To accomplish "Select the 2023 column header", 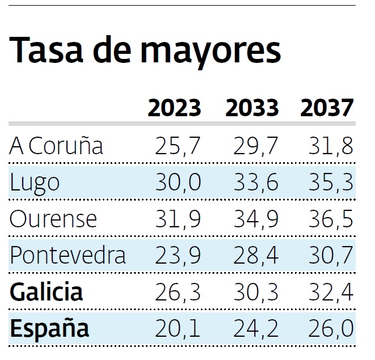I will pyautogui.click(x=175, y=108).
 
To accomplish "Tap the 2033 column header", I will pyautogui.click(x=252, y=108).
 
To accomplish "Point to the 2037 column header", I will pyautogui.click(x=327, y=108).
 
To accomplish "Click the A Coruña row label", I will pyautogui.click(x=57, y=146).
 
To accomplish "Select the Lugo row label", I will pyautogui.click(x=35, y=183).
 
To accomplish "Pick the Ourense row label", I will pyautogui.click(x=53, y=219).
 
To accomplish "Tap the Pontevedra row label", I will pyautogui.click(x=68, y=255).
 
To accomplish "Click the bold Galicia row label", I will pyautogui.click(x=47, y=292).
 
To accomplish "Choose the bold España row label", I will pyautogui.click(x=49, y=328).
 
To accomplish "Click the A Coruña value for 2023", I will pyautogui.click(x=178, y=147).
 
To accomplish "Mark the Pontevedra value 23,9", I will pyautogui.click(x=178, y=256).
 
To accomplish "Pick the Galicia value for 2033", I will pyautogui.click(x=256, y=293).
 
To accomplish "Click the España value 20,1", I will pyautogui.click(x=178, y=329).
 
